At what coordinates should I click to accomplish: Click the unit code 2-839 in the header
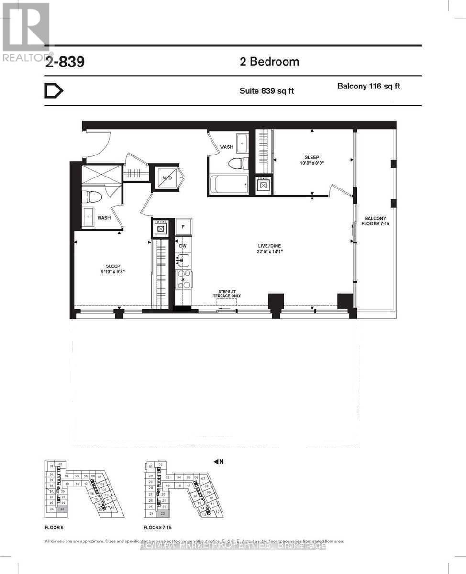[x=65, y=62]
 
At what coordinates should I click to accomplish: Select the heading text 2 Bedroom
[x=269, y=62]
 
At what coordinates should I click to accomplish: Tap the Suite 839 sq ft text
[x=266, y=91]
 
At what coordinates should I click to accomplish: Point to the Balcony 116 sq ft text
[x=368, y=87]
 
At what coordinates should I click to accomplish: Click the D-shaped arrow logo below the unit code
[x=54, y=91]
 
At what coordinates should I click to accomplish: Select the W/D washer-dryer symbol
[x=166, y=178]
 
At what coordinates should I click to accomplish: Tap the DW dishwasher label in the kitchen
[x=182, y=246]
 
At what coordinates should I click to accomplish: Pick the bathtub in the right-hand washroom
[x=228, y=184]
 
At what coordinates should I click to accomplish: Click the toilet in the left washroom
[x=91, y=197]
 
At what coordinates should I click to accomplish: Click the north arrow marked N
[x=219, y=462]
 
